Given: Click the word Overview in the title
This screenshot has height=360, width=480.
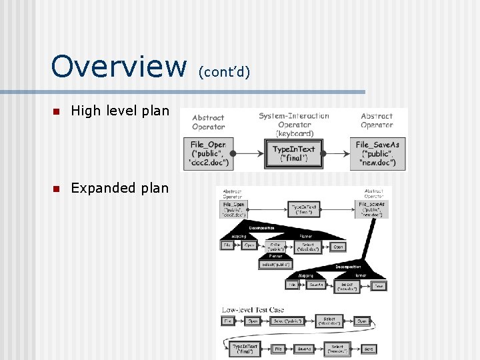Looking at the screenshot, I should point(119,66).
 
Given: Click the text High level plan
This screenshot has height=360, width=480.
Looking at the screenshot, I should point(120,111).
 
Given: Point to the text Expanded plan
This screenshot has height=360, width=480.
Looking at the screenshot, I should point(120,188).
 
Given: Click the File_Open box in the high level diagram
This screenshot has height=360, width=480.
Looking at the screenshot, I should point(209,153).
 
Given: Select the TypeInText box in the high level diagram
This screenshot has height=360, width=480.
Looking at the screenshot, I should point(293,153).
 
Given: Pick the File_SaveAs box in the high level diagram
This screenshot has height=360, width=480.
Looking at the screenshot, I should point(377,153).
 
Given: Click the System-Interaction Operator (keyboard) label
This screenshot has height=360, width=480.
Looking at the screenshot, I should point(294,124).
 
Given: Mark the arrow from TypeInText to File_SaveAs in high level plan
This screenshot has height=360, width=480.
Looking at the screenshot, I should point(337,153).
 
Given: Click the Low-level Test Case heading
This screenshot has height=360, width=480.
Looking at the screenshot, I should point(253,309).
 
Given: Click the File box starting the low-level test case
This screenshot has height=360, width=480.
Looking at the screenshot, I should point(228,321).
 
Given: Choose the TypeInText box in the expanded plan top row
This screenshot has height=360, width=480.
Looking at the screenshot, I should point(304,209).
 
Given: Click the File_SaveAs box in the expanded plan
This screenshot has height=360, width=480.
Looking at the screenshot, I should point(371,209).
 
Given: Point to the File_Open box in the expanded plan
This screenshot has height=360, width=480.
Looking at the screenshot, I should point(234,209).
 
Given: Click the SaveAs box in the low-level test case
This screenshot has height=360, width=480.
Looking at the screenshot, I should point(304,348).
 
